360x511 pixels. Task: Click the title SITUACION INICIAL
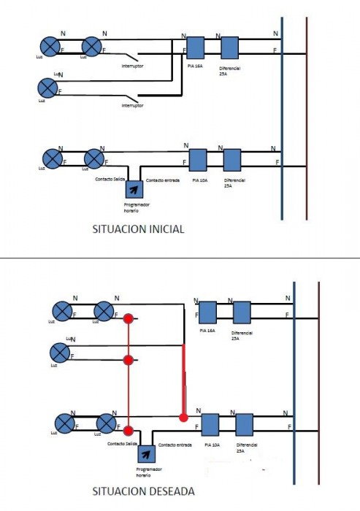click(x=138, y=228)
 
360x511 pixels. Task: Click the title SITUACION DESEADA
click(x=143, y=491)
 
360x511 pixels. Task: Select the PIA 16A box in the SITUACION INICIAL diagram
click(x=195, y=48)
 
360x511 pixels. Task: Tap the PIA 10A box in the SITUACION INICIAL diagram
click(x=198, y=160)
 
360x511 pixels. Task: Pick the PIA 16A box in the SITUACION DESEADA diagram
click(x=207, y=313)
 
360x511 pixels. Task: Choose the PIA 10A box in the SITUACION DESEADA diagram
click(x=210, y=425)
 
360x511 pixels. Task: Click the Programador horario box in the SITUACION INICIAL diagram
click(x=134, y=189)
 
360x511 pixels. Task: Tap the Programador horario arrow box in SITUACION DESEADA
click(x=145, y=454)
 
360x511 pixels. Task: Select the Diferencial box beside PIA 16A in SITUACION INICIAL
click(x=229, y=48)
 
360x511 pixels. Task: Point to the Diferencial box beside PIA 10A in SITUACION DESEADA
click(x=244, y=425)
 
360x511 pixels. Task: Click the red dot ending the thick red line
click(x=183, y=418)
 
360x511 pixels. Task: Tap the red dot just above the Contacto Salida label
click(x=129, y=430)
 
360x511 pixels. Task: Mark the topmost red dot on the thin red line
click(x=129, y=319)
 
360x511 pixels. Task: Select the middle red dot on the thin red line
click(x=129, y=360)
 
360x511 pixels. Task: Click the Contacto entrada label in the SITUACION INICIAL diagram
click(x=161, y=180)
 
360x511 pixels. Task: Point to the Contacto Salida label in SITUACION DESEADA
click(x=122, y=444)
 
